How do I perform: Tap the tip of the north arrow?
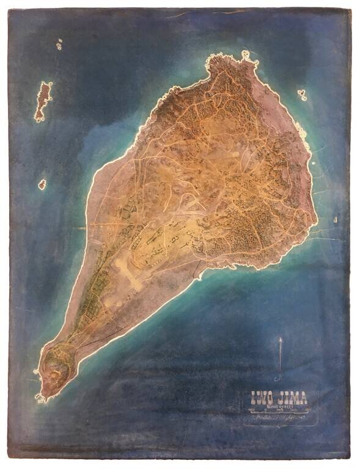click(x=281, y=338)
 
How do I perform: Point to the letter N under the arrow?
click(x=279, y=378)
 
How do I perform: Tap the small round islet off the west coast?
click(x=42, y=184)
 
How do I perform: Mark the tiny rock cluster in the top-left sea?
click(x=59, y=44)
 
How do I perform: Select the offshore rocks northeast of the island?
click(x=302, y=95)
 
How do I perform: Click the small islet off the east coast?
click(x=335, y=219)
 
